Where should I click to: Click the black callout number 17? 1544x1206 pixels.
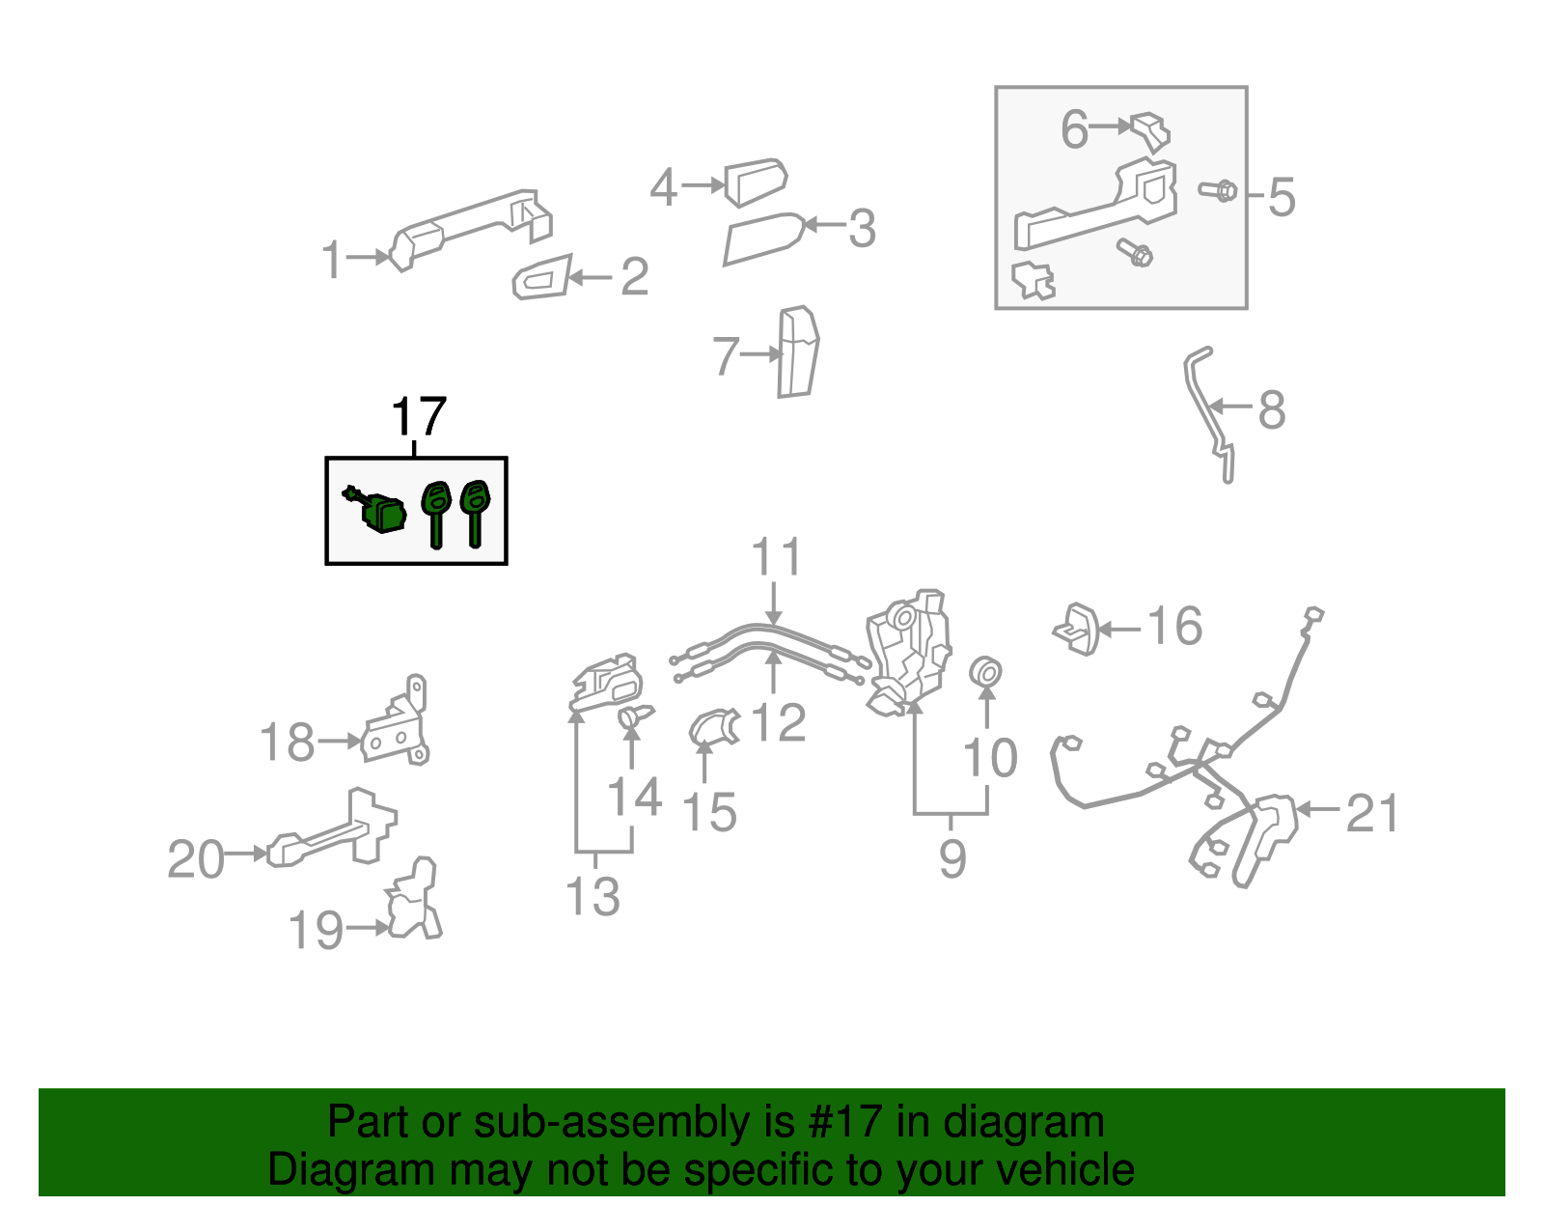(x=419, y=417)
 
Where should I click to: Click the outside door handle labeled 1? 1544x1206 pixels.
(x=473, y=226)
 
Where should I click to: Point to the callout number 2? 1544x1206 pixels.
(x=634, y=277)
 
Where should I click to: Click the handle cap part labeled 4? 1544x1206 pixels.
(x=756, y=182)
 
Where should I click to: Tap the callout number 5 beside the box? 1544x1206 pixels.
(x=1281, y=197)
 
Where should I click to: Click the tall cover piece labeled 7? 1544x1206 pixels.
(x=797, y=352)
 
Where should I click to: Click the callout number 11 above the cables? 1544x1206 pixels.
(x=776, y=558)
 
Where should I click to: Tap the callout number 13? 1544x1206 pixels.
(x=592, y=897)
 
